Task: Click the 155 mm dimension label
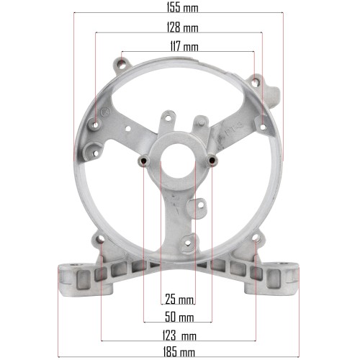coord(182,8)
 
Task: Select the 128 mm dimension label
coord(182,27)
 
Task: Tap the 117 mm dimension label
coord(184,46)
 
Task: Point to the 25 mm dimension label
coord(179,300)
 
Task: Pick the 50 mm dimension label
coord(179,317)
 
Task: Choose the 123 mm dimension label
coord(179,336)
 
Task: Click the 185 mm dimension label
coord(179,352)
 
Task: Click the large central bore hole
coord(178,161)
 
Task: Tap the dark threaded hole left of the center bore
coord(144,161)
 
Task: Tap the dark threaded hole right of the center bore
coord(212,161)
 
